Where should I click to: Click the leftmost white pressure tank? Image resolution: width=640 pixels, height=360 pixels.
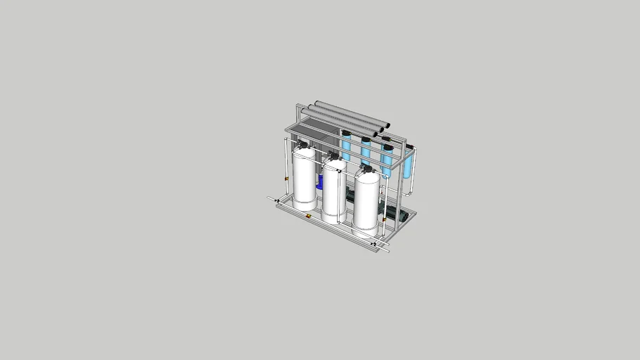305,179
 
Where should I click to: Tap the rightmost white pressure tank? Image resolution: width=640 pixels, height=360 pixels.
366,200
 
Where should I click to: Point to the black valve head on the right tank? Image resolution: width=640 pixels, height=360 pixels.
366,169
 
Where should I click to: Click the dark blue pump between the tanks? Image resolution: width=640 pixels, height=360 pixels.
319,183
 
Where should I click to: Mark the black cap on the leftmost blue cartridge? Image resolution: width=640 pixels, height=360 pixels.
346,131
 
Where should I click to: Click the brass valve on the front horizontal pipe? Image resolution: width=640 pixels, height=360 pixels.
309,215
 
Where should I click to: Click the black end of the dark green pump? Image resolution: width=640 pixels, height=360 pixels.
404,217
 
